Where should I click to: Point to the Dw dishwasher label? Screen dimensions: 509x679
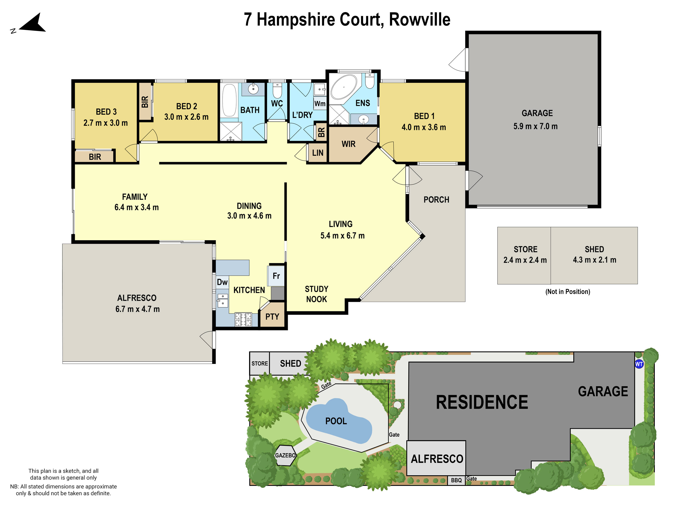[222, 282]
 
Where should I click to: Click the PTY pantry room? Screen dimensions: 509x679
[272, 317]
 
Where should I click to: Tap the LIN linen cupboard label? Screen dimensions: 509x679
[317, 153]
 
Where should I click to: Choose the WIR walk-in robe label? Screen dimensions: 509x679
[348, 144]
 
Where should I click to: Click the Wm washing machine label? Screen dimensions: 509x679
[320, 103]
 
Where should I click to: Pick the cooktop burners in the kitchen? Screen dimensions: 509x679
[243, 319]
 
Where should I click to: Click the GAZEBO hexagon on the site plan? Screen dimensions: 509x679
[285, 455]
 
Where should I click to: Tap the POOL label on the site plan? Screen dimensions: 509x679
[336, 421]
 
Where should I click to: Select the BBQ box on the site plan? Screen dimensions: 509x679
[456, 480]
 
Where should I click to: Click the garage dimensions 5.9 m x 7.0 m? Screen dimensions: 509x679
[535, 126]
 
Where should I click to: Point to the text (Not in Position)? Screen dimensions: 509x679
[568, 291]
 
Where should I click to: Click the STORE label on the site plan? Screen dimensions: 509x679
[259, 364]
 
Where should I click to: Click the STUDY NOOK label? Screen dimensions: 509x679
[317, 294]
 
